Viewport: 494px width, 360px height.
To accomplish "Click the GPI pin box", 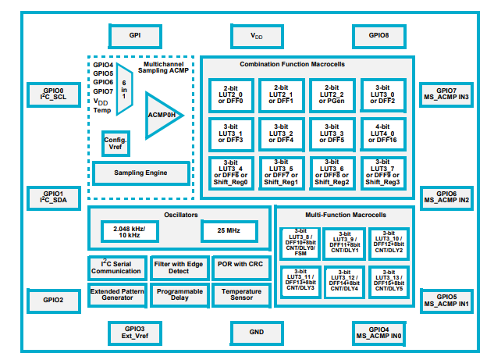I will pyautogui.click(x=134, y=36).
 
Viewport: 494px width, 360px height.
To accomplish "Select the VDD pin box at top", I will pyautogui.click(x=257, y=36).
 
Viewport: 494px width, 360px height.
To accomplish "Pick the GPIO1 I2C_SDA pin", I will pyautogui.click(x=53, y=198).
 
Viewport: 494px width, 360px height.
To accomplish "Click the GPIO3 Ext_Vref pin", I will pyautogui.click(x=134, y=333).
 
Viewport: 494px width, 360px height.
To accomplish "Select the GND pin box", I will pyautogui.click(x=257, y=333).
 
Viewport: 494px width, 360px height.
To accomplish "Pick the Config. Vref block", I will pyautogui.click(x=116, y=143).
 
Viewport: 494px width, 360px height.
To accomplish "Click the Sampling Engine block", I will pyautogui.click(x=140, y=173).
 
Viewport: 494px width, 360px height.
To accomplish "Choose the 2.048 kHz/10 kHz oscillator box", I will pyautogui.click(x=130, y=231).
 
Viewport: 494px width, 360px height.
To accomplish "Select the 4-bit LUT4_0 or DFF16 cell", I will pyautogui.click(x=382, y=134).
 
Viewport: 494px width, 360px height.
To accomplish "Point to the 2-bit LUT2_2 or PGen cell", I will pyautogui.click(x=332, y=96).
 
